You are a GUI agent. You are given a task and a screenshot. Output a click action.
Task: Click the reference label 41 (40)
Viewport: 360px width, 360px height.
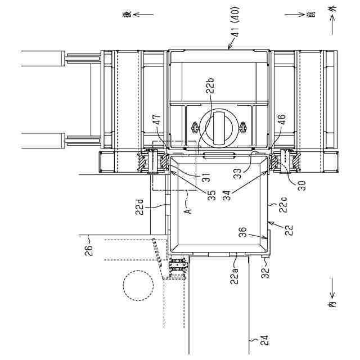(236, 22)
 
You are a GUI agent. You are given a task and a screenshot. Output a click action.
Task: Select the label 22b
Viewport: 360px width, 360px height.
(210, 86)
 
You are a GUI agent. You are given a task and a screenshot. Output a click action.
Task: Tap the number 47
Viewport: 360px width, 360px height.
(157, 119)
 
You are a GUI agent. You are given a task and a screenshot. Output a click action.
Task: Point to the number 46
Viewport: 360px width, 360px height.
(281, 119)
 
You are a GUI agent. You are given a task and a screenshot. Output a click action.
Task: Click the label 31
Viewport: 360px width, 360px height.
(207, 177)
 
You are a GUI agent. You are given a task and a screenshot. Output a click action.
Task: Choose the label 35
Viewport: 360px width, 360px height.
(211, 195)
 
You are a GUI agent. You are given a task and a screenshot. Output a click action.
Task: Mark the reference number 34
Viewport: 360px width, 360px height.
(227, 195)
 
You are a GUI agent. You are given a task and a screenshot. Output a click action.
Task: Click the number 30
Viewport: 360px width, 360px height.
(301, 186)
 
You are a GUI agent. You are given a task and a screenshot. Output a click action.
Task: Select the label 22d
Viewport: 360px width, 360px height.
(139, 207)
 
